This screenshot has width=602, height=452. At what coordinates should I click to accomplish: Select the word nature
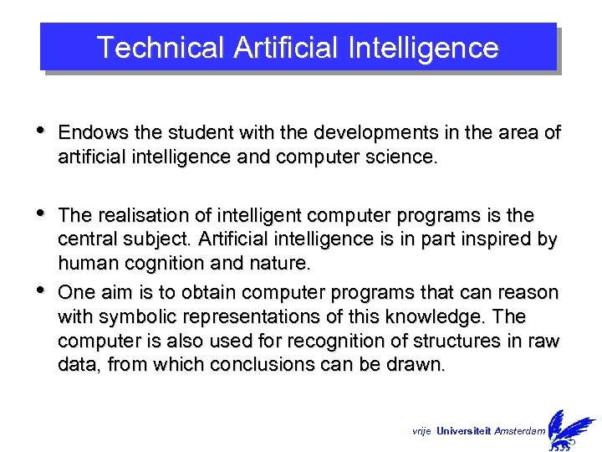[281, 264]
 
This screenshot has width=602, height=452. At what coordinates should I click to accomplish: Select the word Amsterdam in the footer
[519, 430]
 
